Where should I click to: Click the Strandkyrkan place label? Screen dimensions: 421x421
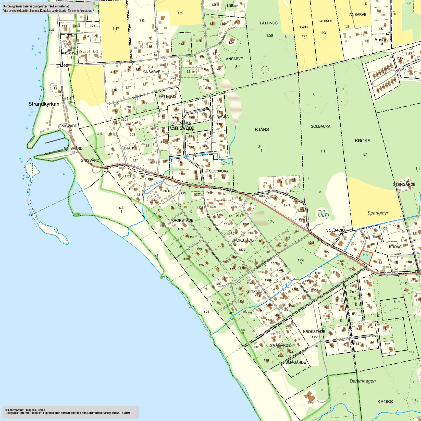click(44, 104)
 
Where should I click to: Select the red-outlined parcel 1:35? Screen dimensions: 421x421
click(365, 257)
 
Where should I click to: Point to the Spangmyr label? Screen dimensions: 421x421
click(378, 213)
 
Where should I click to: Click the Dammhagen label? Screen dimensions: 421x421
click(363, 381)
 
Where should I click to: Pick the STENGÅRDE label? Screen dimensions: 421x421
click(404, 184)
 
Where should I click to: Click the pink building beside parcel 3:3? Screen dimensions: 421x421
click(166, 161)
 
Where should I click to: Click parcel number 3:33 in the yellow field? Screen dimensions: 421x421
click(180, 13)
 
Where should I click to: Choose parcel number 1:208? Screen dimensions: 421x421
click(311, 243)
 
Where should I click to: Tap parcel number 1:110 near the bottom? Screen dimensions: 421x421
click(311, 403)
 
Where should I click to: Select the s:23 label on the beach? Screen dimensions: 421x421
click(206, 312)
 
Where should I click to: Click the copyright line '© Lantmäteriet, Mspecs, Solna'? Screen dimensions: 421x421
click(25, 410)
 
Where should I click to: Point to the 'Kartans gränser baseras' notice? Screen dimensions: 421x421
click(48, 8)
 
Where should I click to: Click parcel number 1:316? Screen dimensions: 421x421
click(341, 261)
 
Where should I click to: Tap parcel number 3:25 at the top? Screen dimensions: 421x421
click(142, 20)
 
